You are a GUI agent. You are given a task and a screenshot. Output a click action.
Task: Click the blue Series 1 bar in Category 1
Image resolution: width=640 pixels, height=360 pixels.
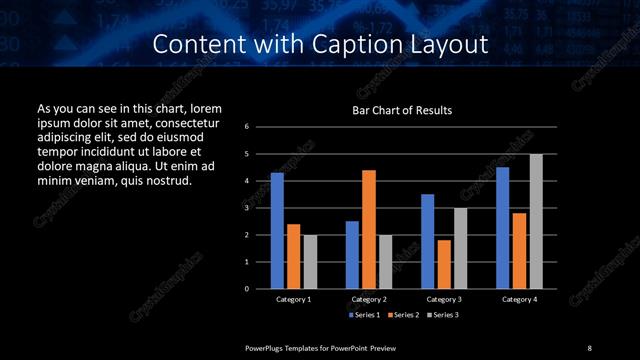click(277, 231)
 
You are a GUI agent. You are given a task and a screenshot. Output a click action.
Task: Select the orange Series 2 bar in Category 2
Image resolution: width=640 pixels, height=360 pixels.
click(368, 229)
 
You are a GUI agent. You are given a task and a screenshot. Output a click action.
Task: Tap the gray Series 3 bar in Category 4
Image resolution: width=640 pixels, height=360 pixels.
click(536, 221)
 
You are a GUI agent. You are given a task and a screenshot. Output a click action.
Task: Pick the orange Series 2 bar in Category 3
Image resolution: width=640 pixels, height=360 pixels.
click(443, 264)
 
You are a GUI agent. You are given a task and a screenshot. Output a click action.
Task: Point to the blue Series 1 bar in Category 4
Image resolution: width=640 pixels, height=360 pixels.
click(502, 228)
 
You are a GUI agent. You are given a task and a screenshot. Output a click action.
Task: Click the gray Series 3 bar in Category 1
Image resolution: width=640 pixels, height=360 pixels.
click(310, 261)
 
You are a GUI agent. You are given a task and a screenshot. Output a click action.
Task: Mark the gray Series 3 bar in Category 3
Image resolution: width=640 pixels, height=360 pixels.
click(460, 248)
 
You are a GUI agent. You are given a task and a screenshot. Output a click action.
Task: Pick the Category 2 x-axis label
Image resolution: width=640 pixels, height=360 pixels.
click(368, 299)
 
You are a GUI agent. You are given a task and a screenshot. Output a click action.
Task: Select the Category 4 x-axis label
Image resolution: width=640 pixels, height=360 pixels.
click(519, 299)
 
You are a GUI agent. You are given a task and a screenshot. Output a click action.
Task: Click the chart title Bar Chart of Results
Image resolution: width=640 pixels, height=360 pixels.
click(403, 110)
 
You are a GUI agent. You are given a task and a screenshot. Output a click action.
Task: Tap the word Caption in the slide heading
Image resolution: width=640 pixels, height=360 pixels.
click(365, 45)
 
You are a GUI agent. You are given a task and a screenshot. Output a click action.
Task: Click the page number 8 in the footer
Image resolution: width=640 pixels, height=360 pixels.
click(589, 347)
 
